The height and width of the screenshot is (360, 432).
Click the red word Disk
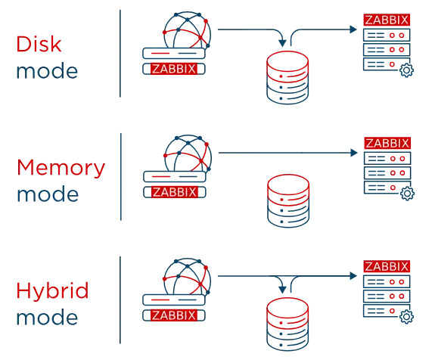point(38,43)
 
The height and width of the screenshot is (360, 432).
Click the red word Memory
point(61,167)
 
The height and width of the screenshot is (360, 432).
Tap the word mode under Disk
point(46,73)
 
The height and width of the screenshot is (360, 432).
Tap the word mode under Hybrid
point(46,318)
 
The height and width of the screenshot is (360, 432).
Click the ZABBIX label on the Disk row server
point(387,20)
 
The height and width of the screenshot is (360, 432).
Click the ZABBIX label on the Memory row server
point(387,142)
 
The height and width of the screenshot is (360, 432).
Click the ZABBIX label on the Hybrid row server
point(387,266)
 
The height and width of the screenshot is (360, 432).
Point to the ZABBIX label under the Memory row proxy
point(174,192)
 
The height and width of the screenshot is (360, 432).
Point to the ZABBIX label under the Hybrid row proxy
point(174,315)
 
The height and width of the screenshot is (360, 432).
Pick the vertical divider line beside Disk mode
point(118,54)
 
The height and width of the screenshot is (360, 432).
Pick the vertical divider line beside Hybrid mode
point(118,300)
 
